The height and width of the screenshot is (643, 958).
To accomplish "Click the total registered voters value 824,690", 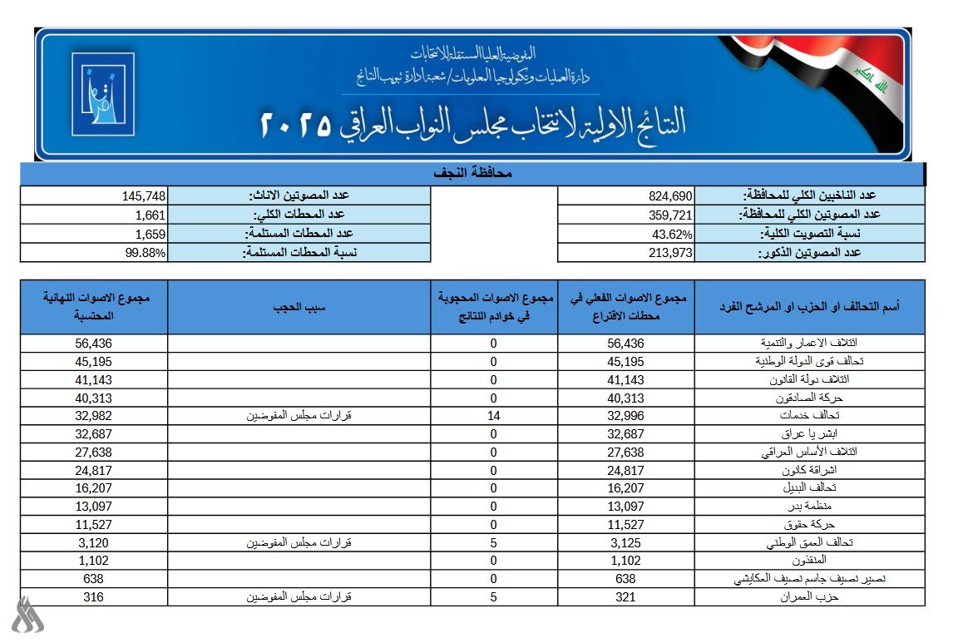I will pos(670,196).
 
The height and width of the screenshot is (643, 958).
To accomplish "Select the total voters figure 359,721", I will pos(670,215).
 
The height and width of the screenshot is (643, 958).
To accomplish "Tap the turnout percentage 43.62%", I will pos(673,234).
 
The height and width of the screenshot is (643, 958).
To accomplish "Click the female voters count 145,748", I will pos(146,196).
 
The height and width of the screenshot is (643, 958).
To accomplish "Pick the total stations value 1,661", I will pos(151,215).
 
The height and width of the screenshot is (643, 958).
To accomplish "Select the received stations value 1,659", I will pos(151,234).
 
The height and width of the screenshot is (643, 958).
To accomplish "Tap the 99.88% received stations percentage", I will pos(148,253).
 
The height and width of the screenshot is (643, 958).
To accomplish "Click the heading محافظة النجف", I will pos(472,174).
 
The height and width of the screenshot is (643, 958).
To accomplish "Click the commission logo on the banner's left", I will pos(102,94).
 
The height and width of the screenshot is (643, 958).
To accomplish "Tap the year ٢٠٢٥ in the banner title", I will pos(296,125).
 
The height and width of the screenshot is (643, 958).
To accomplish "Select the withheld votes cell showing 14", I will pos(493,416).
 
